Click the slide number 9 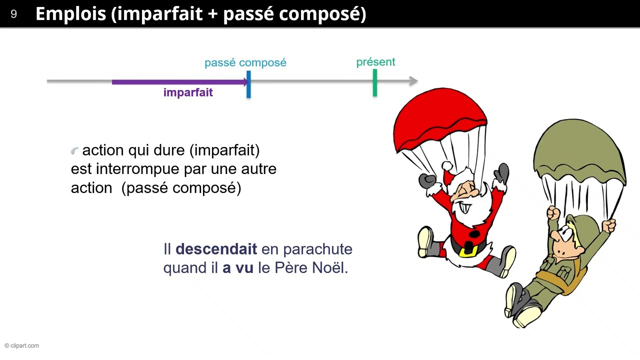13,14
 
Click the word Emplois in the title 70,14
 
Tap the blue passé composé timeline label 245,62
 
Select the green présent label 375,62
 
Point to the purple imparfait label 188,92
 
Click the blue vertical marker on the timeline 248,84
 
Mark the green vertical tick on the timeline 374,82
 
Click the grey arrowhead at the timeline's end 413,81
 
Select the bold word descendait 216,249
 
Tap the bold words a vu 238,268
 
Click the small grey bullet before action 75,150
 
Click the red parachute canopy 440,117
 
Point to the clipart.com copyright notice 21,345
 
